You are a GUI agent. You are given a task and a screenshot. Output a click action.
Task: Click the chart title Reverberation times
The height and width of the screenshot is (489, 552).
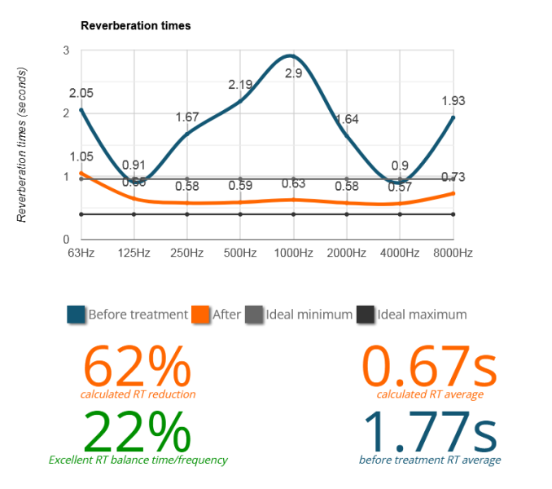(135, 25)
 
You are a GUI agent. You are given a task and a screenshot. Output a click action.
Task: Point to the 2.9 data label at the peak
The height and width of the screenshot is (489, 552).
(294, 73)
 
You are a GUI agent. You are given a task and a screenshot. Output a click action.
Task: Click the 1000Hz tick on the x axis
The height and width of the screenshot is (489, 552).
(294, 253)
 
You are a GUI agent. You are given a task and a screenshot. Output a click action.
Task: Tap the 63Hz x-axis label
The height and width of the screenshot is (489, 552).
(81, 253)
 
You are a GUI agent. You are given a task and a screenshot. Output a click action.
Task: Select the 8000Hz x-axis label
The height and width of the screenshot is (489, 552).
(453, 253)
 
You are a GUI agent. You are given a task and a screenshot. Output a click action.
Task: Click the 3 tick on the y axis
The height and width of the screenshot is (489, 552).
(66, 51)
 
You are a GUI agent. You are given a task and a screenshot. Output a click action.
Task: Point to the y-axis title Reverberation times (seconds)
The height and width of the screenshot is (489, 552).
(23, 145)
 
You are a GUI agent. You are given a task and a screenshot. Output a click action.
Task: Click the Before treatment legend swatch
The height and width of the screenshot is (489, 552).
(77, 314)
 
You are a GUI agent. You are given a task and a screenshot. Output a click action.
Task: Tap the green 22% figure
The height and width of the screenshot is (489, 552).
(138, 431)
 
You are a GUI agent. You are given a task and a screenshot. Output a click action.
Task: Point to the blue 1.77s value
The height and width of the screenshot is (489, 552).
(430, 431)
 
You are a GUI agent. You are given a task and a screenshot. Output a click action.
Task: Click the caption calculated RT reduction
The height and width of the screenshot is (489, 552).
(138, 394)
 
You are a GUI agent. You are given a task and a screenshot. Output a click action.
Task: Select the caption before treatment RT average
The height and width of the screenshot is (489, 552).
(430, 460)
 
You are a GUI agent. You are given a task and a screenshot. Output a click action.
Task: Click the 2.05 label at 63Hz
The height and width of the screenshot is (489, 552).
(81, 93)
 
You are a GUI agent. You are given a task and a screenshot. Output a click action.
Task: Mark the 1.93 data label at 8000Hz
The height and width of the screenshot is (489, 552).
(453, 100)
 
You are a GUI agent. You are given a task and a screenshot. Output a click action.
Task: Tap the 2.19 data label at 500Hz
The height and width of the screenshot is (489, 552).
(241, 84)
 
